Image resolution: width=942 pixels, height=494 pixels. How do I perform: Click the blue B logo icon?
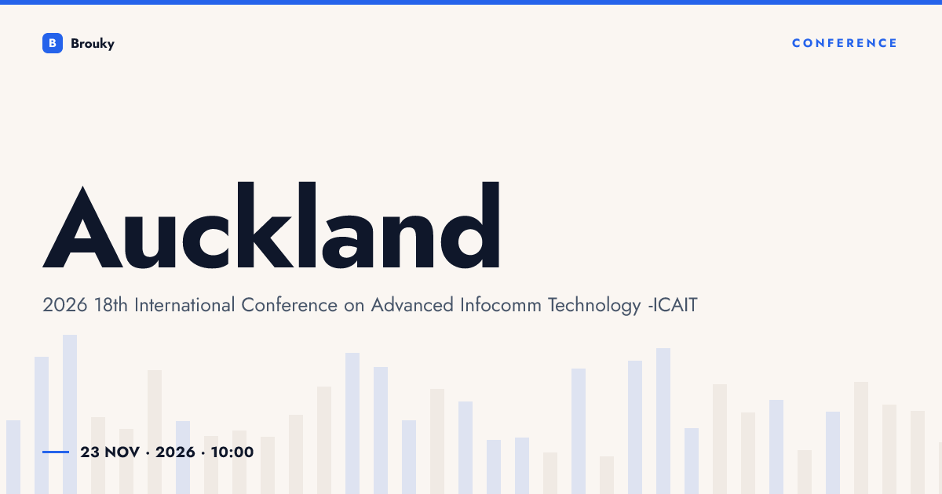(x=53, y=43)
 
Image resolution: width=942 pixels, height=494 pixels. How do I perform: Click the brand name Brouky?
(x=93, y=44)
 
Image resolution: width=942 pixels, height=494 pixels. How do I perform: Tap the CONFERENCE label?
(x=845, y=43)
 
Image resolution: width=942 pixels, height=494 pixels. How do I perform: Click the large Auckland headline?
(x=272, y=225)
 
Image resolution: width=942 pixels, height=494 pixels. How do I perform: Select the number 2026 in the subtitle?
(x=64, y=305)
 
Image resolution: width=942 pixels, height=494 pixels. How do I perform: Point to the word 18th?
(x=111, y=305)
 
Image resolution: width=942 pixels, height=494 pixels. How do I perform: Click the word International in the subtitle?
(x=184, y=305)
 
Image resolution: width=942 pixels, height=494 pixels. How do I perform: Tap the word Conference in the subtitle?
(x=290, y=305)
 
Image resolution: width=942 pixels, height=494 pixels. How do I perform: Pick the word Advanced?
(x=412, y=305)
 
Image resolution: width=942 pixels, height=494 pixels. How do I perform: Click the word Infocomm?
(x=501, y=305)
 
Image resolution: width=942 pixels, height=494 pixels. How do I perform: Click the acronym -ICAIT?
(x=673, y=305)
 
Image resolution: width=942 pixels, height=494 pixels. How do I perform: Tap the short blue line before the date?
(x=56, y=452)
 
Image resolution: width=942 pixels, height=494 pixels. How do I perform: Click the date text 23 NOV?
(x=110, y=452)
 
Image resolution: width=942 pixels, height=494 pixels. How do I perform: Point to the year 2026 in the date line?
(x=175, y=452)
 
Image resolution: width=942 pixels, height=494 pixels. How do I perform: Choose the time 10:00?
(x=232, y=452)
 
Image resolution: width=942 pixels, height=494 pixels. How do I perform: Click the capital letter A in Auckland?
(x=82, y=227)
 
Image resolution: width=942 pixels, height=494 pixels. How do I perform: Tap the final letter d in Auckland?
(x=470, y=225)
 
